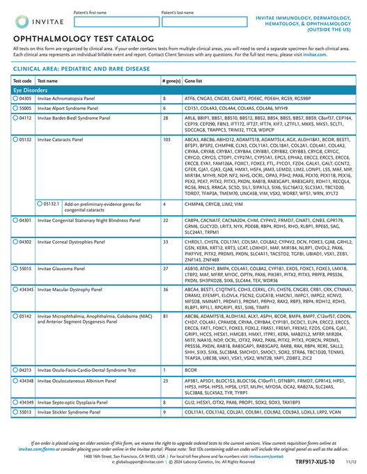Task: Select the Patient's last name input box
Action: coord(201,22)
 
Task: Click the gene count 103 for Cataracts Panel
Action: coord(166,140)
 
